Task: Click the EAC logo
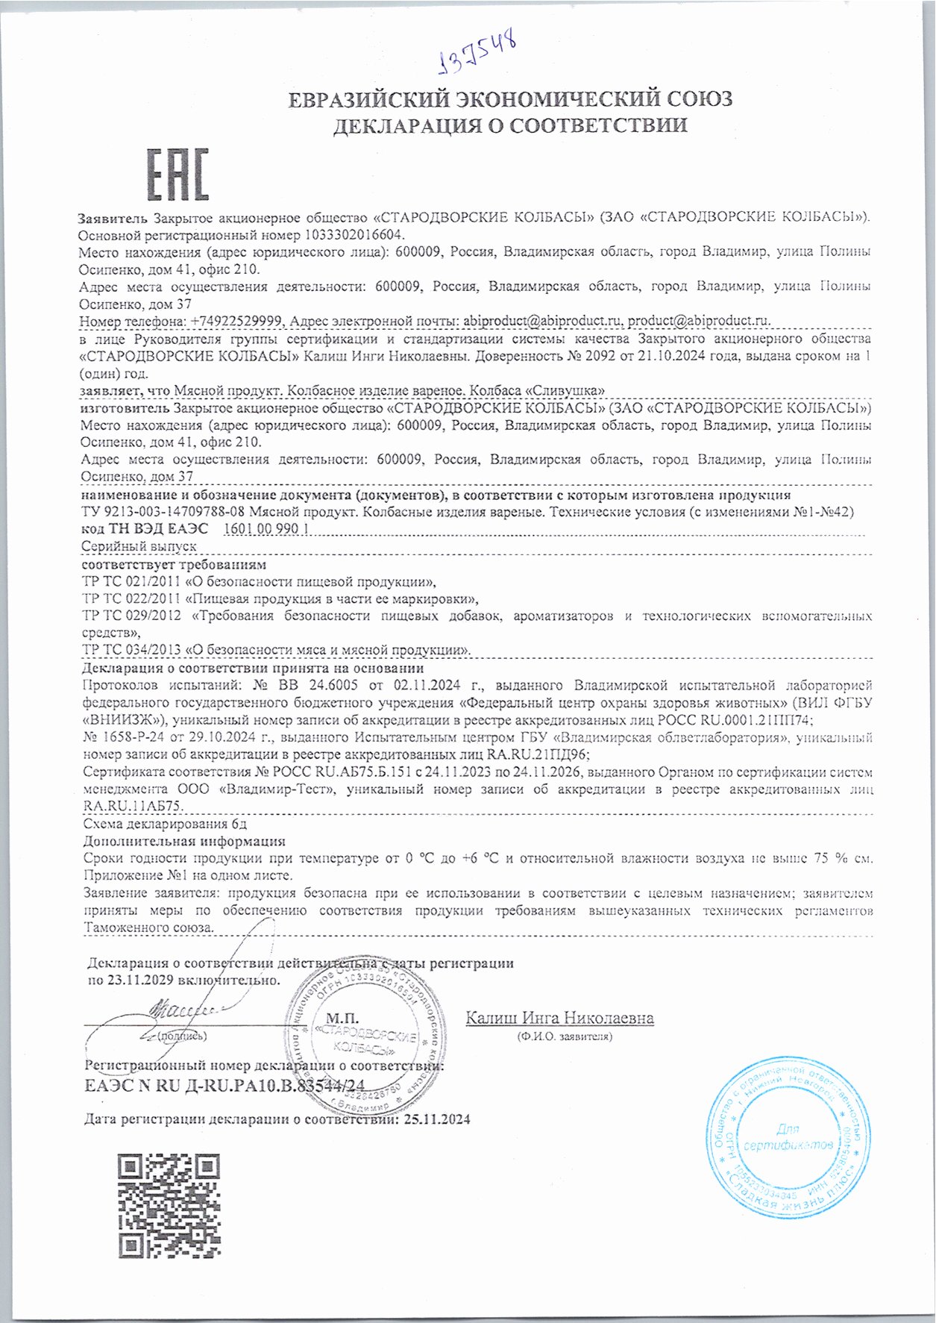177,175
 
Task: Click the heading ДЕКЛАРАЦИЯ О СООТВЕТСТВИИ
509,125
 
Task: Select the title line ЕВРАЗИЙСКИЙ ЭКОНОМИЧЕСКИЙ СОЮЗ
510,99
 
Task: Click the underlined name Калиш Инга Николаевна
559,1018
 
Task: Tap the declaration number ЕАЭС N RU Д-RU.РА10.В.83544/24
226,1086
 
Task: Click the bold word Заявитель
114,218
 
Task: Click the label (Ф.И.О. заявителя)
564,1036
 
